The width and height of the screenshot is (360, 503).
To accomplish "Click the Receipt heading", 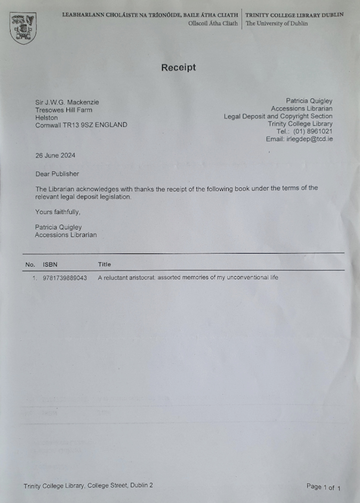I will (178, 67).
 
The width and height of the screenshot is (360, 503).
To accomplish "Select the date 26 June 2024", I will (55, 155).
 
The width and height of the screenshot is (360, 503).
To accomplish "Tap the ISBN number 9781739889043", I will (65, 278).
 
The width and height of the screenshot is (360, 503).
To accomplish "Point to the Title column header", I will (105, 264).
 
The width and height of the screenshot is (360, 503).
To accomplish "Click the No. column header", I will (30, 264).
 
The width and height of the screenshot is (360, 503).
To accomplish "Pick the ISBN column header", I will (50, 264).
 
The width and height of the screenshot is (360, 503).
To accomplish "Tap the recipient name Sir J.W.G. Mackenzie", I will (67, 103).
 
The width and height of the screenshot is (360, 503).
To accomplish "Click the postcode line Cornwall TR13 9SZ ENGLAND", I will (81, 125).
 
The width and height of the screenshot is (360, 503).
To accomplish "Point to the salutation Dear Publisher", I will (57, 174).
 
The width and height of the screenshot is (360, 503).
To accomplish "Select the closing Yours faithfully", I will (58, 212).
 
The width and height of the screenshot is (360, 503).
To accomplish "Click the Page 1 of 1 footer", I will (323, 487).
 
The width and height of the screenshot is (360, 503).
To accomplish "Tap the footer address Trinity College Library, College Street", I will (88, 485).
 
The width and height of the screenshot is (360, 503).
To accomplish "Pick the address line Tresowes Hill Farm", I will (64, 110).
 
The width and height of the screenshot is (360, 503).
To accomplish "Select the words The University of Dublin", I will (277, 24).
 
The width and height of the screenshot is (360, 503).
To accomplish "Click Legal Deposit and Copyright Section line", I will (278, 116).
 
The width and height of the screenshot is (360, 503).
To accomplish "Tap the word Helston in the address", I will (46, 118).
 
